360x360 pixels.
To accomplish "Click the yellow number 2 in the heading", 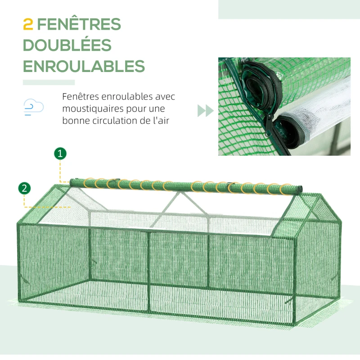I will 28,24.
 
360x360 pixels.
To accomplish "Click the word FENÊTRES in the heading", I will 79,24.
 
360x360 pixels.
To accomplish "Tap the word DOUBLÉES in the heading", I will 67,45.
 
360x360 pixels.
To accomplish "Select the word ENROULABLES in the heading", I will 84,66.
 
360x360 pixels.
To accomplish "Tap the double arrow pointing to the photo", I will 205,111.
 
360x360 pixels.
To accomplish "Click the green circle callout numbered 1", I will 60,153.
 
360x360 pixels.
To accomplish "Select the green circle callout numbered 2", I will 25,188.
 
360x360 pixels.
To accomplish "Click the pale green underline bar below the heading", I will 49,82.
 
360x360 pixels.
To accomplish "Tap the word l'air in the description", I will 160,121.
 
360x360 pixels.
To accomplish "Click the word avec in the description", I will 166,97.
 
